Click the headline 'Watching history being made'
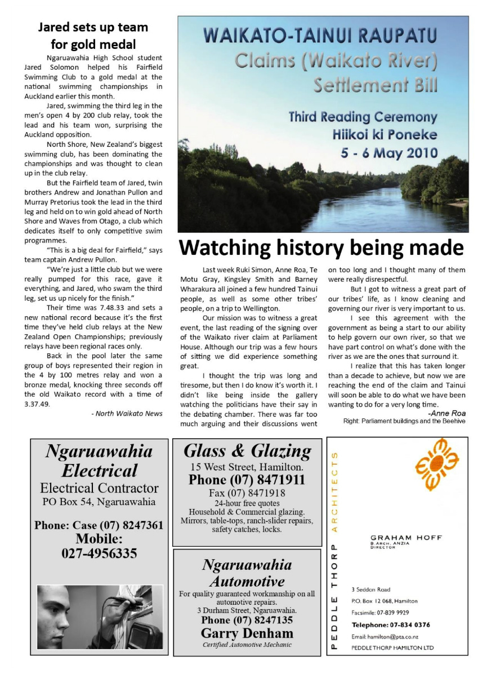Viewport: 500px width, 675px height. point(321,248)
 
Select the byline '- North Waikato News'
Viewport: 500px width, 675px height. point(127,413)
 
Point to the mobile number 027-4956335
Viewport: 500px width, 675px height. point(99,553)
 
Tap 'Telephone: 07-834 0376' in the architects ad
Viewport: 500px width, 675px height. point(391,625)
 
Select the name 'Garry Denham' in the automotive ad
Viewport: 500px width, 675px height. point(247,633)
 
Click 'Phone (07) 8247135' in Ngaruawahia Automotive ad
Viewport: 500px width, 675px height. point(247,620)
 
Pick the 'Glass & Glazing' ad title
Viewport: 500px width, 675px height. point(247,451)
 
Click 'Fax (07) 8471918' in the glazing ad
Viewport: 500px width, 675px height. point(247,493)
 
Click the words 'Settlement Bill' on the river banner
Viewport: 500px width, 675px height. point(375,85)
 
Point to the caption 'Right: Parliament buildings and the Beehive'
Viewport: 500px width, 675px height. point(404,421)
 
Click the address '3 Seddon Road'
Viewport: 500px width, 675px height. point(370,589)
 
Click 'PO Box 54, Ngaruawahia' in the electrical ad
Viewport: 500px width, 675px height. point(99,501)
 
